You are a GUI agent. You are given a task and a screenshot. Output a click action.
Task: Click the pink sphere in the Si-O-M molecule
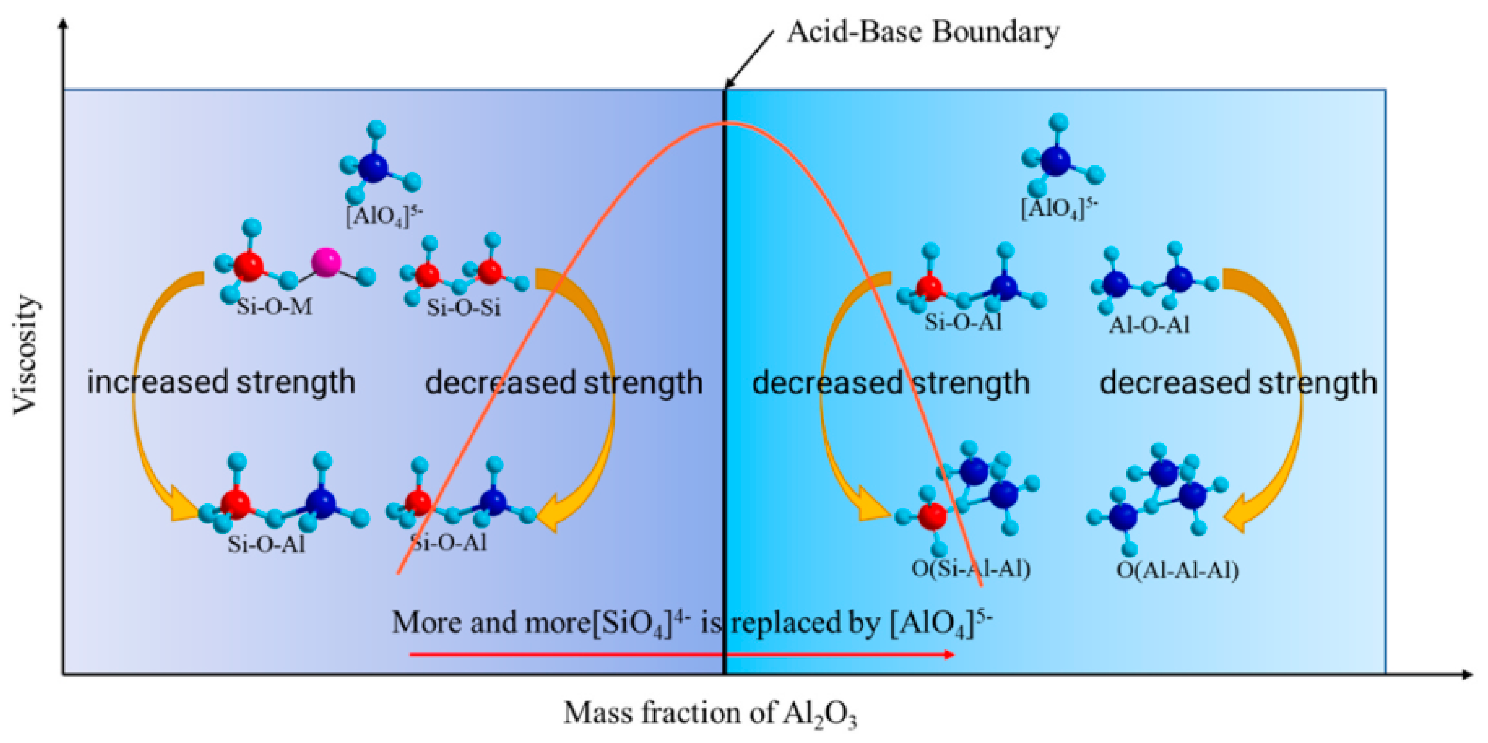point(325,262)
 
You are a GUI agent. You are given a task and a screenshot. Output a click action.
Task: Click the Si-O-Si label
point(463,308)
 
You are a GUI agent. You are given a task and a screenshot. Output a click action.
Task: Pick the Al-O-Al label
point(1149,325)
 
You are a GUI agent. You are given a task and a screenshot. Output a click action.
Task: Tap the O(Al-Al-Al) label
point(1177,570)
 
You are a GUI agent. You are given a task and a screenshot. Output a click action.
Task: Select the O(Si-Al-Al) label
point(971,569)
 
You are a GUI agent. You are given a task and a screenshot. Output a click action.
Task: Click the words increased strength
point(221,383)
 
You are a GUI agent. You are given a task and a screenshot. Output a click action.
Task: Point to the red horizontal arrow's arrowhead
point(949,654)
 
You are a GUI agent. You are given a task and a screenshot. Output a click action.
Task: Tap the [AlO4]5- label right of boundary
point(1059,209)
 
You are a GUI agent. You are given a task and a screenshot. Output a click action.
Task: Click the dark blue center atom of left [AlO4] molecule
point(374,167)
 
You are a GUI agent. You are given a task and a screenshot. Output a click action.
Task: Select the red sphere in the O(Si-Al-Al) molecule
point(931,516)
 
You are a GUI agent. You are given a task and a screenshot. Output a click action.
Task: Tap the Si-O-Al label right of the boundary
point(963,322)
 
